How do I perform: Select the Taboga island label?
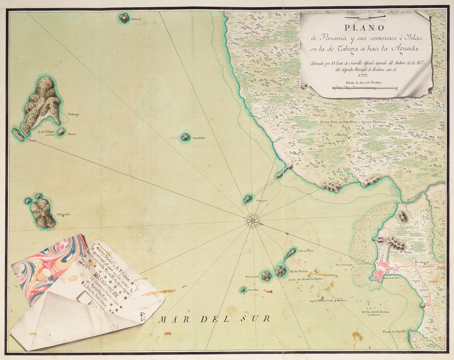click(x=74, y=114)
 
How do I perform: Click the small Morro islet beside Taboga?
click(x=61, y=132)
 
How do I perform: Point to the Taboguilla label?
click(x=63, y=215)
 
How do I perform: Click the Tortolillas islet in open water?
click(x=186, y=137)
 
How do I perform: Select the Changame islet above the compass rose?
click(x=248, y=199)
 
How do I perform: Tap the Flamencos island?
click(x=266, y=276)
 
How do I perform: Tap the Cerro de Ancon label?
click(x=402, y=252)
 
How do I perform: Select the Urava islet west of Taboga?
click(x=18, y=134)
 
